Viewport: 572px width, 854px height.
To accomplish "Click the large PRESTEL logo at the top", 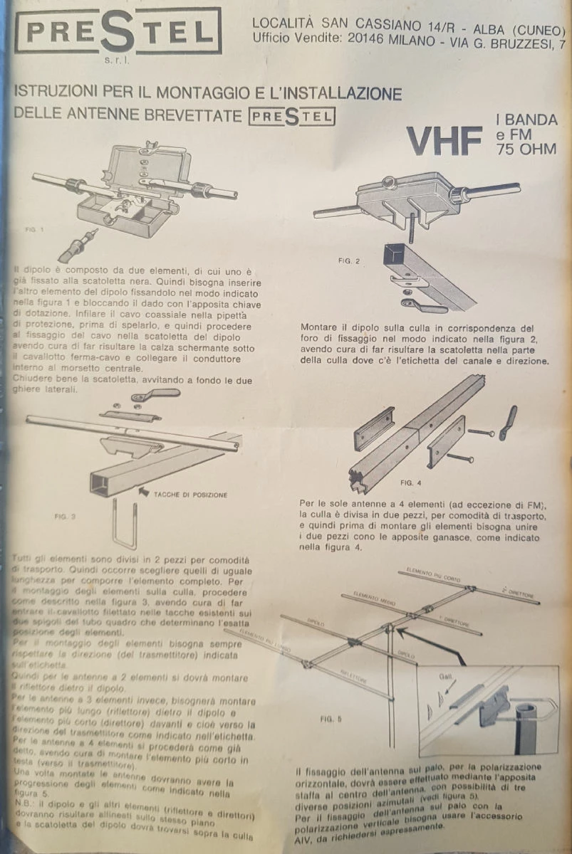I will [x=118, y=31].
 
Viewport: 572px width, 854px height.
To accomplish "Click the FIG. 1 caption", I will [x=33, y=229].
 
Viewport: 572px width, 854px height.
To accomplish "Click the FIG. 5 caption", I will [x=331, y=719].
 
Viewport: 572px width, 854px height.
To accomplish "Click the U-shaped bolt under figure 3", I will [x=130, y=524].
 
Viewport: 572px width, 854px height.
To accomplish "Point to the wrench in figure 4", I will [x=508, y=422].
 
